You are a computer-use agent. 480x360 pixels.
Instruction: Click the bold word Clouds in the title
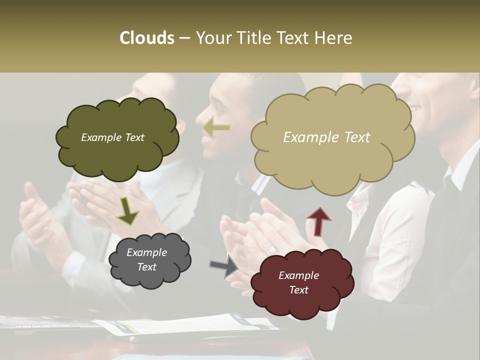pos(147,38)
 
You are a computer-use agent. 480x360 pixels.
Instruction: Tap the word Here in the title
pos(333,38)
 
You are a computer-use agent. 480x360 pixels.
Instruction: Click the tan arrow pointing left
pos(216,128)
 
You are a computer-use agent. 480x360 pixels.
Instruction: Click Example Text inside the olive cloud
pos(112,137)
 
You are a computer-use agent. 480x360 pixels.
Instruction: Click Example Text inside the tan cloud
pos(326,137)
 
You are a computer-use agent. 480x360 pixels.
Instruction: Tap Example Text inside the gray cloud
pos(146,260)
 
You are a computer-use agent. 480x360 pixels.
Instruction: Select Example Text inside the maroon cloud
pos(298,283)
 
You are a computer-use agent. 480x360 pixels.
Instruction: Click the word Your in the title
pos(215,38)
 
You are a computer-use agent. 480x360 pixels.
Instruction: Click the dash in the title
pos(184,38)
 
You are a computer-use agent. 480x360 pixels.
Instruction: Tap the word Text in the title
pos(295,38)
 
